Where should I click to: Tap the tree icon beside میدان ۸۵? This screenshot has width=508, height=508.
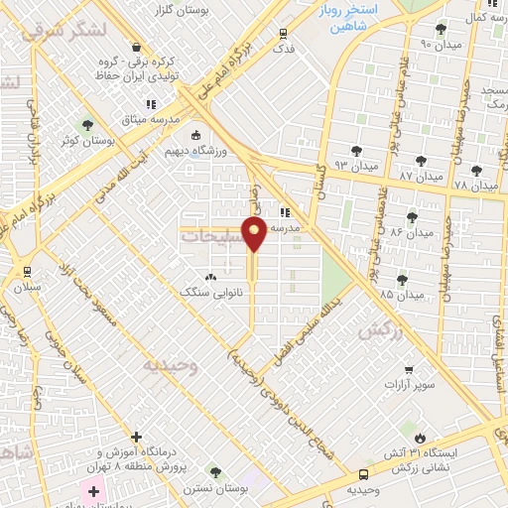[403, 281]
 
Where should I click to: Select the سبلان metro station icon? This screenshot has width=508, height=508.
[27, 271]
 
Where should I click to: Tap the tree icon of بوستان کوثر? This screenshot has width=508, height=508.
[88, 126]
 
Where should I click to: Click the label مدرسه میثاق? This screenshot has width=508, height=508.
[151, 119]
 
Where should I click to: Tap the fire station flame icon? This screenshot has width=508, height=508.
[420, 437]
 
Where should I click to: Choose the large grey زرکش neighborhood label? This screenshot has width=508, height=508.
[382, 329]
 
